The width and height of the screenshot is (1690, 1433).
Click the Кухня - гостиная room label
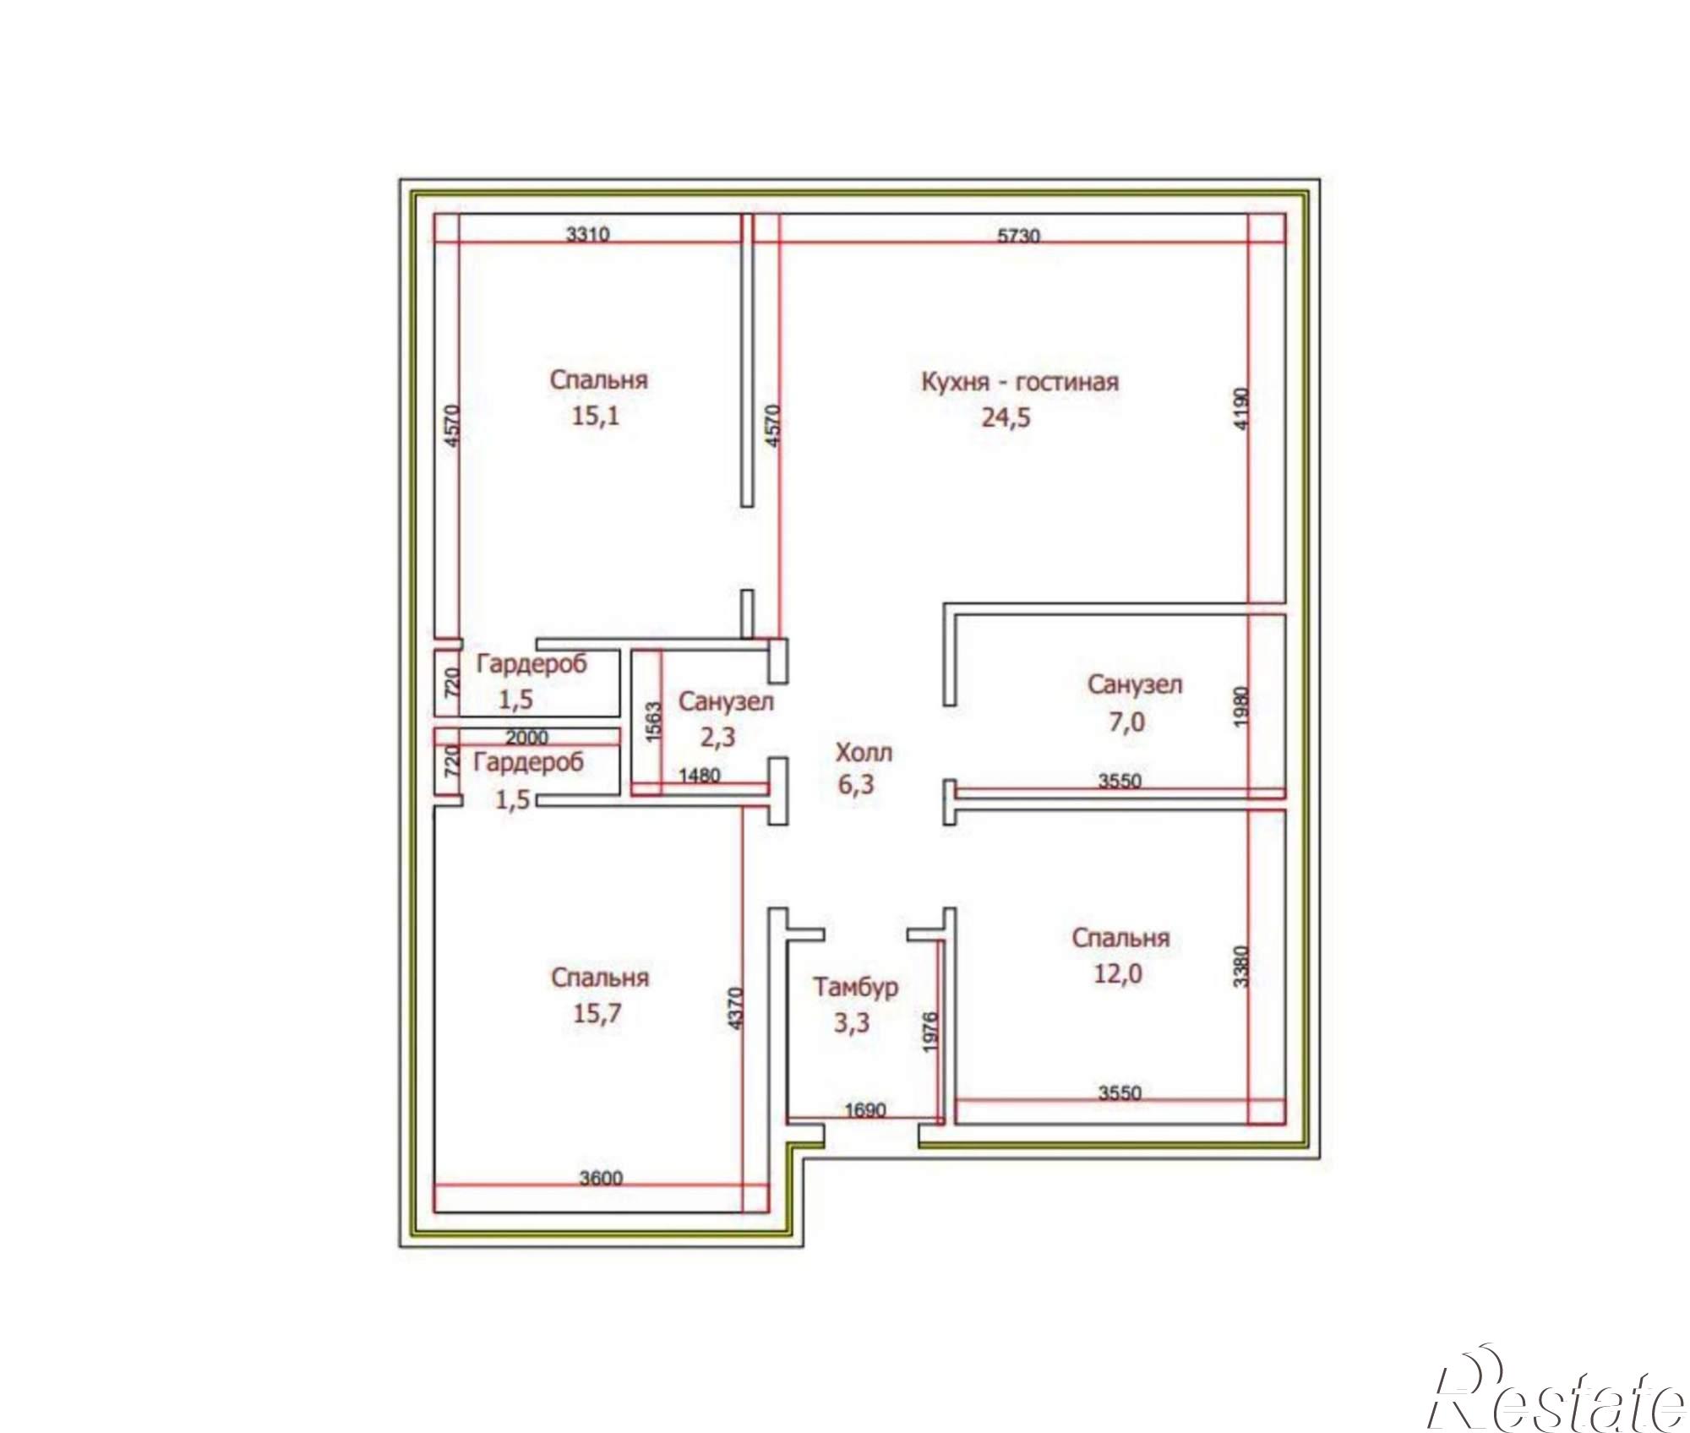point(1020,382)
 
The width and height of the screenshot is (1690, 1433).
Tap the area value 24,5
point(1006,417)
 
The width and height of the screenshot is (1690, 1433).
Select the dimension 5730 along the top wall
point(1019,236)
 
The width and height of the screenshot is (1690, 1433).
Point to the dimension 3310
point(587,234)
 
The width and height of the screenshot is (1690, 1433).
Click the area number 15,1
point(596,416)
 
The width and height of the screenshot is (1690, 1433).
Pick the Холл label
point(864,752)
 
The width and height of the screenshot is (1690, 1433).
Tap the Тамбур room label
point(855,987)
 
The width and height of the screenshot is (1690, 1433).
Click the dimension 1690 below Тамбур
point(866,1109)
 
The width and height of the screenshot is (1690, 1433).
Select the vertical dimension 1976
point(930,1032)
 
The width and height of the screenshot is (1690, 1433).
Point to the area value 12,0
point(1118,974)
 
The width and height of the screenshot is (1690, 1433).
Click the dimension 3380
point(1240,966)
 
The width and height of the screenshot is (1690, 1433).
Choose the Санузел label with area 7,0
point(1135,684)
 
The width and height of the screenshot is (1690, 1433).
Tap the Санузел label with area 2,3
point(726,701)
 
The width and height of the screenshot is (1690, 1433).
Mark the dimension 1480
point(700,775)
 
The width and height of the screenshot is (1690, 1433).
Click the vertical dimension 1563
point(653,722)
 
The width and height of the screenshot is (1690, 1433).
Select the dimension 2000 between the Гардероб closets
point(527,738)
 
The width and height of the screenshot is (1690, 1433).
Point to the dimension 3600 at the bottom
point(601,1178)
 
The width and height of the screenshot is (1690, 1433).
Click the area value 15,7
point(597,1013)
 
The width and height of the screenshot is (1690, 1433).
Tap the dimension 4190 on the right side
point(1240,409)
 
